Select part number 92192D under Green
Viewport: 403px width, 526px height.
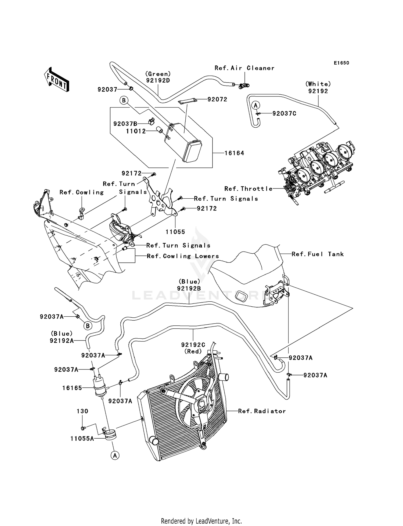click(x=158, y=80)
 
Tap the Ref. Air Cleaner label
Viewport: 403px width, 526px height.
click(x=244, y=68)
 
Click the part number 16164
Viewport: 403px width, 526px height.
click(x=234, y=153)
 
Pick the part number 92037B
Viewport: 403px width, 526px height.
click(x=125, y=124)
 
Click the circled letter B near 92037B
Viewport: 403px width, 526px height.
click(x=124, y=101)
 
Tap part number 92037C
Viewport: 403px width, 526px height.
click(x=284, y=113)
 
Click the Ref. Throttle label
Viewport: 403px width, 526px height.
click(x=248, y=189)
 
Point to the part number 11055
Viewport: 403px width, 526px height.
click(x=175, y=232)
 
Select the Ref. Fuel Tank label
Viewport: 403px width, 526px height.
click(x=318, y=254)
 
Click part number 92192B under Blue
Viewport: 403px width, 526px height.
click(x=189, y=288)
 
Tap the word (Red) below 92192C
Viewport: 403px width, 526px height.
click(x=193, y=351)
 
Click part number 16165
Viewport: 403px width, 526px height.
click(x=72, y=388)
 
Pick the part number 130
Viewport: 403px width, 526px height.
click(x=82, y=411)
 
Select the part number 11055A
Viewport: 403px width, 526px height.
click(x=82, y=439)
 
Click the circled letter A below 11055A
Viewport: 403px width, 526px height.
click(x=115, y=455)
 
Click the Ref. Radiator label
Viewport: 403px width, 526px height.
click(x=262, y=411)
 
